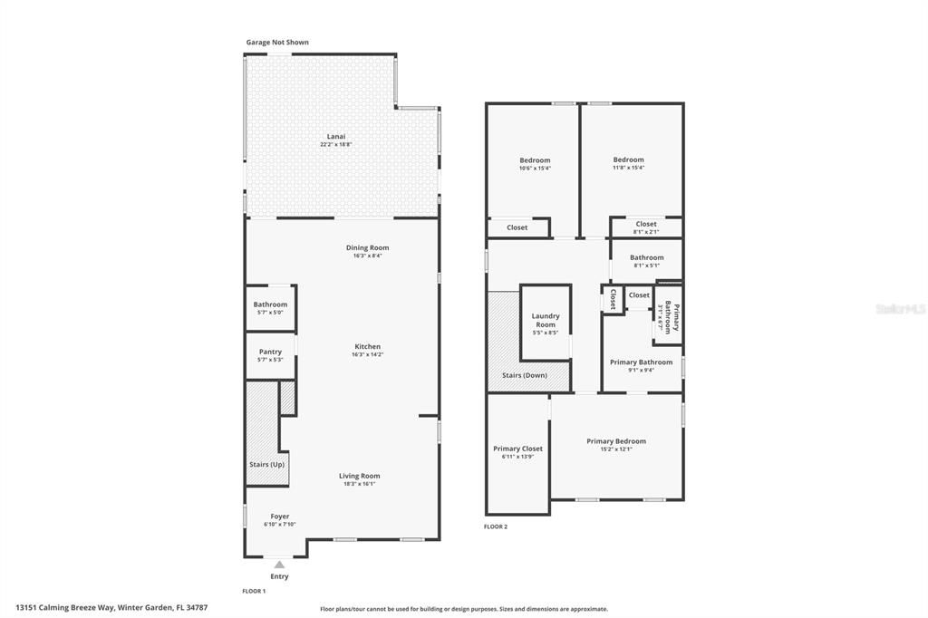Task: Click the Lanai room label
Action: pyautogui.click(x=336, y=137)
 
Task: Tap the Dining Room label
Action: pyautogui.click(x=367, y=247)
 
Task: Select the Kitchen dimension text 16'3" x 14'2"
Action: pyautogui.click(x=367, y=355)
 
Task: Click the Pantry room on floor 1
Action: pyautogui.click(x=270, y=355)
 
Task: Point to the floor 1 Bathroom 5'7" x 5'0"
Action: pyautogui.click(x=270, y=308)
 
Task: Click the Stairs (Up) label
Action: pyautogui.click(x=266, y=465)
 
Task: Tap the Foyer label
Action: pyautogui.click(x=280, y=517)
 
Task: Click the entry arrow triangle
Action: pyautogui.click(x=279, y=565)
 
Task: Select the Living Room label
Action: pyautogui.click(x=360, y=476)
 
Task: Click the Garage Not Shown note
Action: pyautogui.click(x=277, y=43)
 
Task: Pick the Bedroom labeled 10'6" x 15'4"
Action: pyautogui.click(x=535, y=163)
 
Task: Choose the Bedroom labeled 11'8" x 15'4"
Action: pyautogui.click(x=628, y=163)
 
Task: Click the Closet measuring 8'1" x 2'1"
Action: pyautogui.click(x=646, y=227)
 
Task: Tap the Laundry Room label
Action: pyautogui.click(x=546, y=320)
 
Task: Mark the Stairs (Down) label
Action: pyautogui.click(x=524, y=375)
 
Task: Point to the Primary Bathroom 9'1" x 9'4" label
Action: pyautogui.click(x=641, y=365)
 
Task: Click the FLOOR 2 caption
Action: pyautogui.click(x=496, y=526)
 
